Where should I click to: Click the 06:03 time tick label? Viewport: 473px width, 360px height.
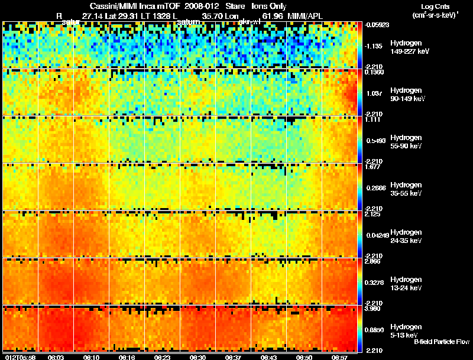pos(56,357)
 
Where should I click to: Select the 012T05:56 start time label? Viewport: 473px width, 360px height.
pos(19,357)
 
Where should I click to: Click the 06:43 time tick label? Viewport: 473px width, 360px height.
pos(268,357)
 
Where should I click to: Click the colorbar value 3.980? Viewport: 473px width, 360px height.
pos(374,309)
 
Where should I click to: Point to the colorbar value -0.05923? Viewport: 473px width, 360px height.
pos(376,25)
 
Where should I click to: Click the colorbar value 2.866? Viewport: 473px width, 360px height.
pos(374,261)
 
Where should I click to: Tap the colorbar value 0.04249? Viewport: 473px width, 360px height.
pos(376,235)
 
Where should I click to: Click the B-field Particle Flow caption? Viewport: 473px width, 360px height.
pos(441,342)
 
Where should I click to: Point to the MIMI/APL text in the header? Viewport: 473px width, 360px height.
pos(304,16)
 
